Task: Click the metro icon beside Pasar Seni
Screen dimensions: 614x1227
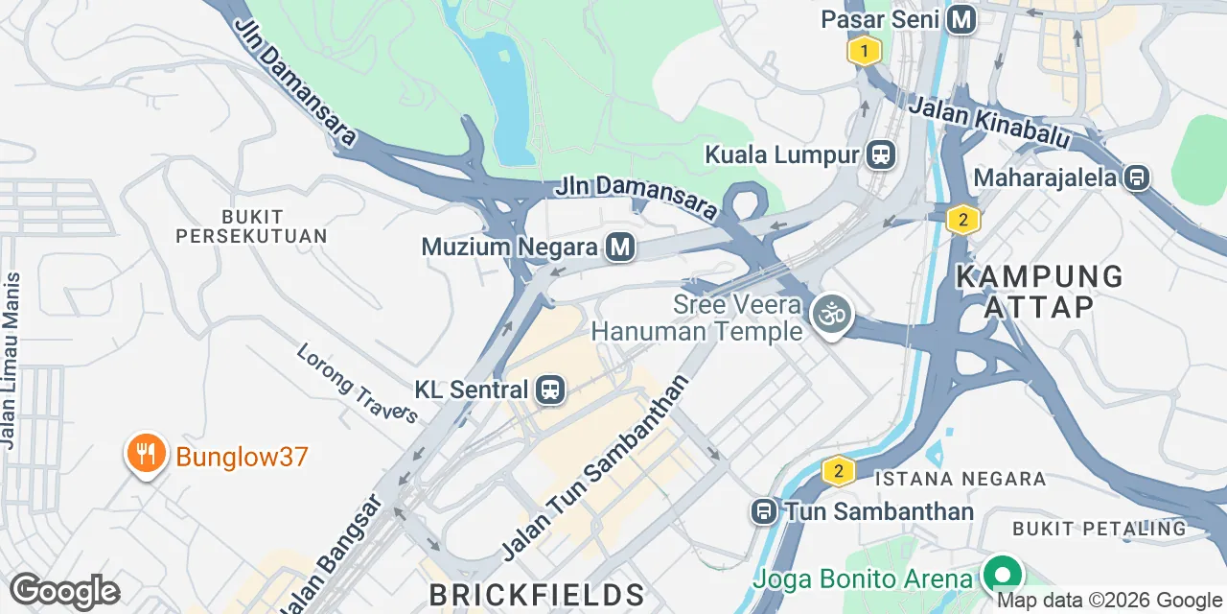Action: [x=961, y=19]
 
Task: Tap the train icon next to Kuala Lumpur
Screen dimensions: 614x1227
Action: [x=880, y=153]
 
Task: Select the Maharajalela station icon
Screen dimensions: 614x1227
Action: [x=1137, y=177]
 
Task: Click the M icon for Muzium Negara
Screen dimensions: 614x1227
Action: [x=620, y=248]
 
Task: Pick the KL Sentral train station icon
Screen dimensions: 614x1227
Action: [x=550, y=390]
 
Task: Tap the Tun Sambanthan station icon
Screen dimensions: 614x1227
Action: [x=764, y=511]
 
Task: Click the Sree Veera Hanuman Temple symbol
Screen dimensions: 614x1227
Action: [x=831, y=315]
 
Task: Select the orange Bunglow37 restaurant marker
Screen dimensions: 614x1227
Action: [x=145, y=454]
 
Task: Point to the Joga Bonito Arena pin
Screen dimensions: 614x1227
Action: [x=1002, y=576]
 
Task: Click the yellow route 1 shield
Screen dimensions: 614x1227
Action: [x=864, y=51]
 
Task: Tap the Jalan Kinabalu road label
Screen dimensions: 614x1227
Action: [x=988, y=123]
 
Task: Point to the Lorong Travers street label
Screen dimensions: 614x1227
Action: [x=357, y=383]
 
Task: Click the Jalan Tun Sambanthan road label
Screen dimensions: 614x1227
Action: [x=595, y=468]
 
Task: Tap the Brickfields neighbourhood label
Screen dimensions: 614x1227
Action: [x=536, y=592]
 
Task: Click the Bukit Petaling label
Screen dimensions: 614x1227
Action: [x=1099, y=529]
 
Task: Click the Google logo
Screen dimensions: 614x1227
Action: [x=64, y=592]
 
